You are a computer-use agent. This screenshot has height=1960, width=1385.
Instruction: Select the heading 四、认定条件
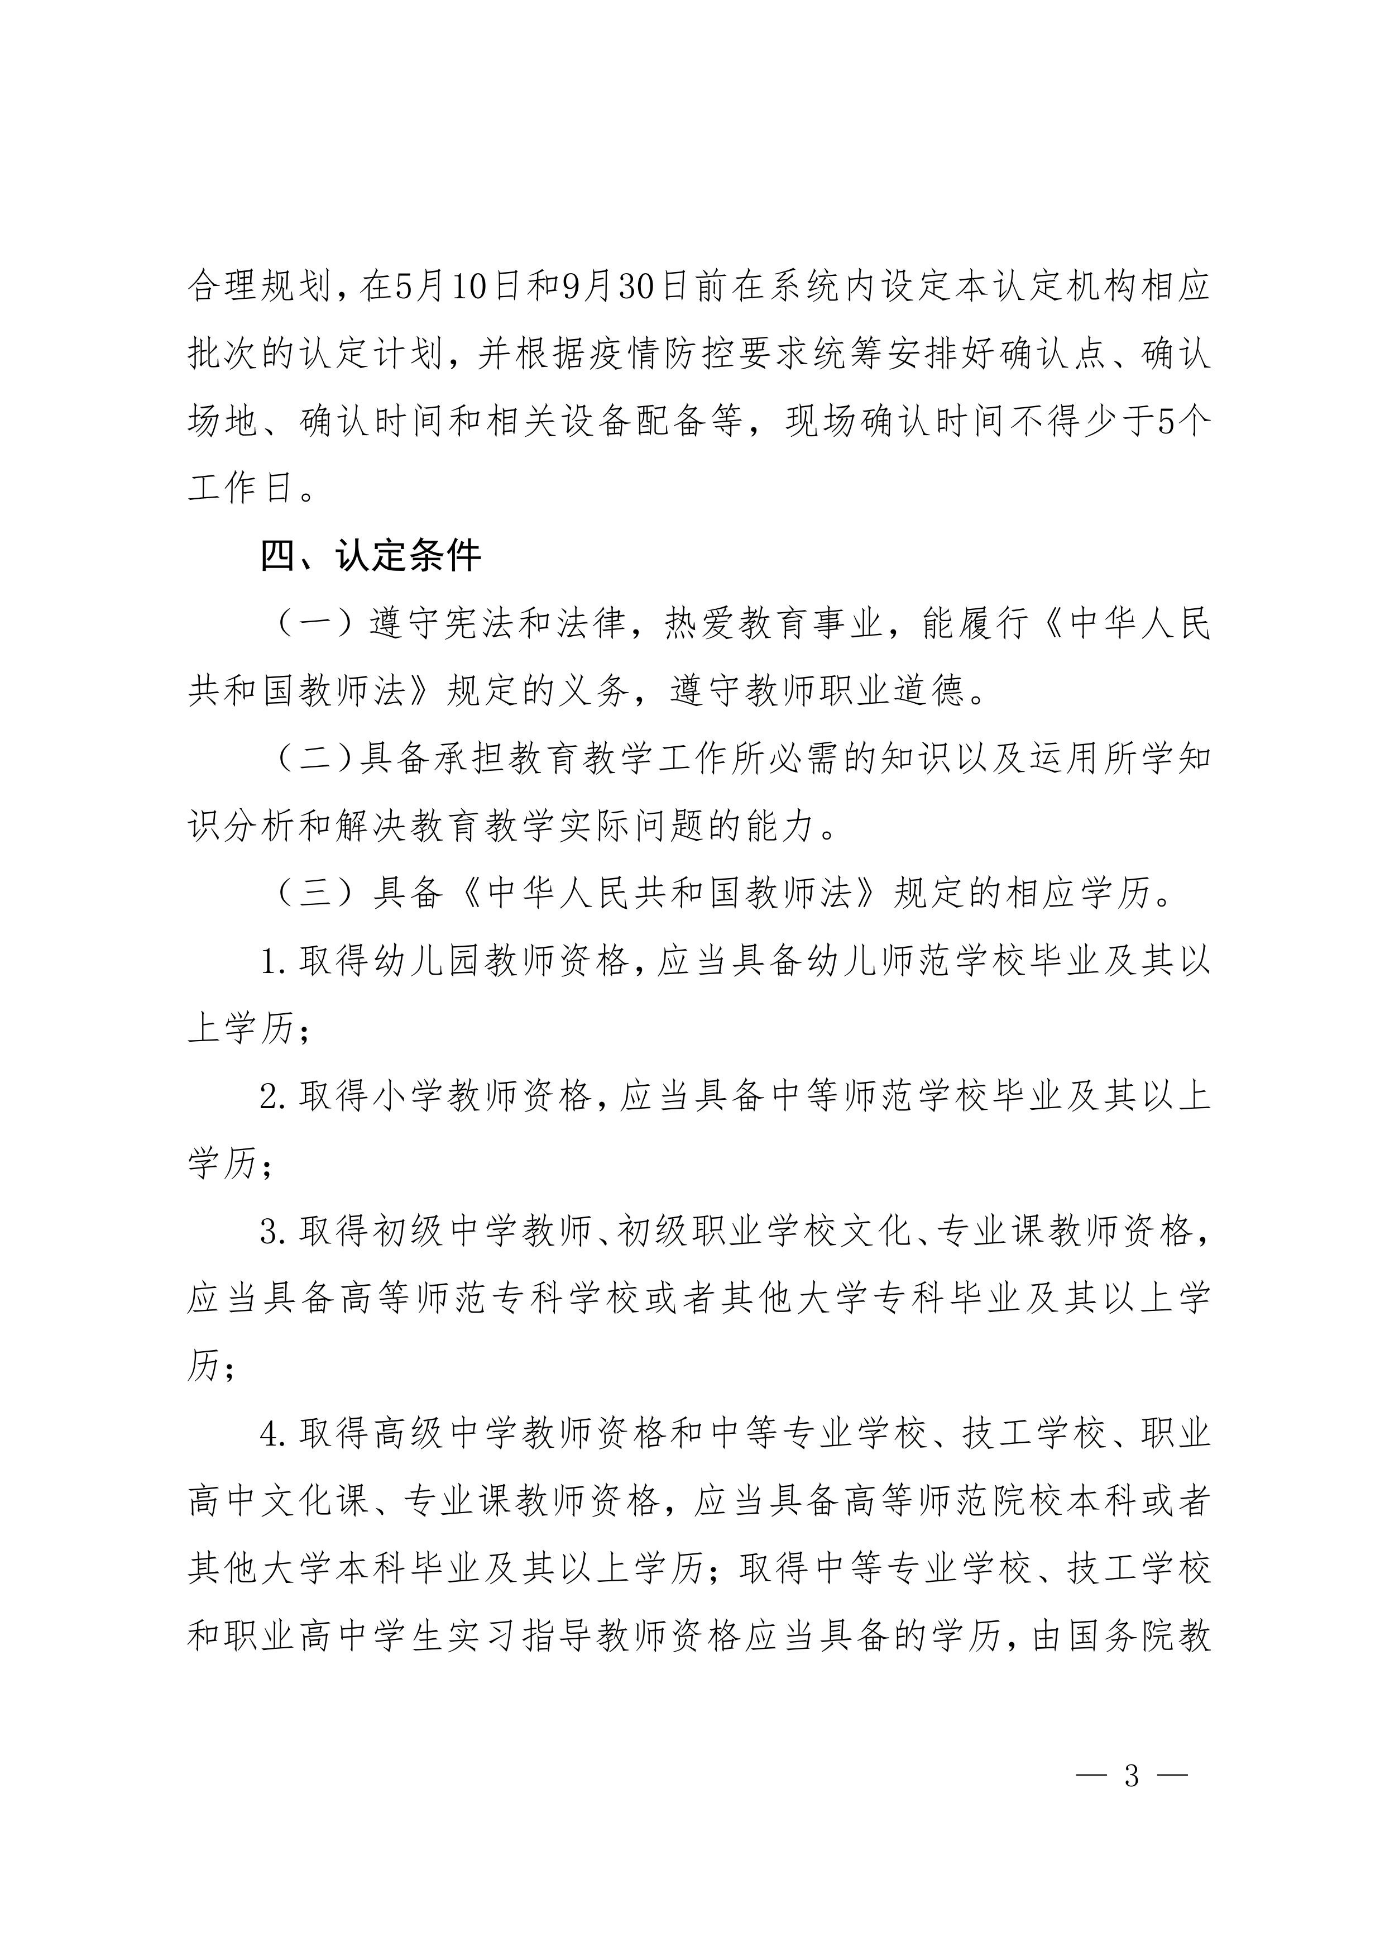click(370, 556)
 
